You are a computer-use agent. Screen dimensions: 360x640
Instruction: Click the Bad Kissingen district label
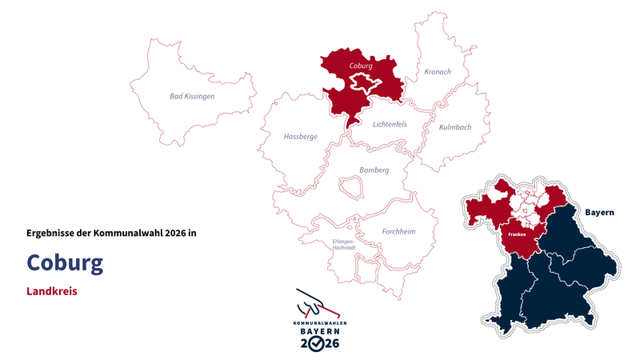(192, 96)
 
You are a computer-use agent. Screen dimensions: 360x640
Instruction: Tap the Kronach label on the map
(438, 72)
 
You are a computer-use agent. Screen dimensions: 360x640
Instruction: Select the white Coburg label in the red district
(362, 66)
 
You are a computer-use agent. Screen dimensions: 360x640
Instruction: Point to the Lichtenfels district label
(390, 124)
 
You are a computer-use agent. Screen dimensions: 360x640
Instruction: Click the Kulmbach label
(454, 127)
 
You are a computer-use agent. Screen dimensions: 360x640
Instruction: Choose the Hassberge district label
(301, 137)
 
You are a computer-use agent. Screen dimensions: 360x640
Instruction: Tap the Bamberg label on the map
(374, 170)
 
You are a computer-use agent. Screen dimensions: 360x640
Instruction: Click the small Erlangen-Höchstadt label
(343, 244)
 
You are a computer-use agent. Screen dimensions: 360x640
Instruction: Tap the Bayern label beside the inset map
(599, 213)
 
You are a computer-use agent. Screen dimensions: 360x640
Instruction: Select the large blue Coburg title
(65, 262)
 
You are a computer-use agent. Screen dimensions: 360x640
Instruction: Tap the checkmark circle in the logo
(319, 343)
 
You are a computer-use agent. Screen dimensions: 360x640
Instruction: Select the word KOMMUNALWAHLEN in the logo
(319, 323)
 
